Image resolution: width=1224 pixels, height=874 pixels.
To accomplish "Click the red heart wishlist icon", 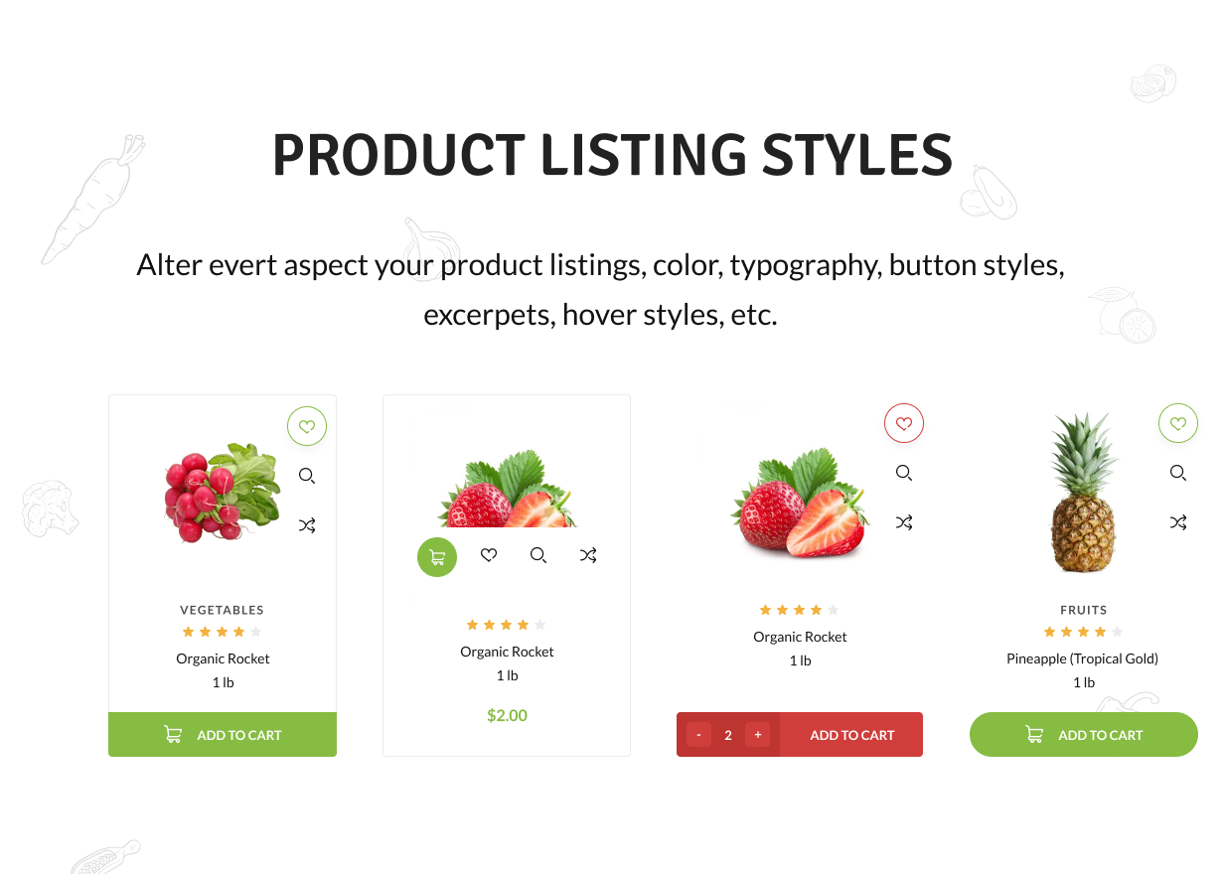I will [904, 424].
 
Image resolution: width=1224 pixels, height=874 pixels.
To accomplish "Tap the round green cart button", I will [437, 556].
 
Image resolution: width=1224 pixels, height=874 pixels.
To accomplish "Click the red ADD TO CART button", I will [851, 735].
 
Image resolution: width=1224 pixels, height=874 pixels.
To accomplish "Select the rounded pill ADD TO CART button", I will [1084, 735].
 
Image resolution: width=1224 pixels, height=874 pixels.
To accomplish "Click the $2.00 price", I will [507, 715].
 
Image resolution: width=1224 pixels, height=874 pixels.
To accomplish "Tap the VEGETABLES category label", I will [223, 610].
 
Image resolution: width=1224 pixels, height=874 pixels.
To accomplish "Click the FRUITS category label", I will [1083, 610].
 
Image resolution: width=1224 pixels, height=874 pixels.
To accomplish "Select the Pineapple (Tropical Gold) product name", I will [1082, 658].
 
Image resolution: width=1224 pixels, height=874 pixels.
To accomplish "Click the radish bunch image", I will [221, 492].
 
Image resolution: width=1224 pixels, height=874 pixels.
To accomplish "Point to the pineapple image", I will [1083, 495].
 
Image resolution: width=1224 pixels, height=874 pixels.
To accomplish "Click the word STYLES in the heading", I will [857, 156].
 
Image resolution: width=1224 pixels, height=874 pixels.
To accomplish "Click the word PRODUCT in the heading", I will [397, 156].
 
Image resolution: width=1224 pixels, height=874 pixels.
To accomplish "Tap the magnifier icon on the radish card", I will [307, 476].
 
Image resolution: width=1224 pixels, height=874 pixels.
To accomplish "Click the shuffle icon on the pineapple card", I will [1178, 522].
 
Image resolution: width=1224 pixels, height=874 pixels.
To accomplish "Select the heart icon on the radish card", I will [307, 427].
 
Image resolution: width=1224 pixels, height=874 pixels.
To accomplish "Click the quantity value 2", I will [728, 735].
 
